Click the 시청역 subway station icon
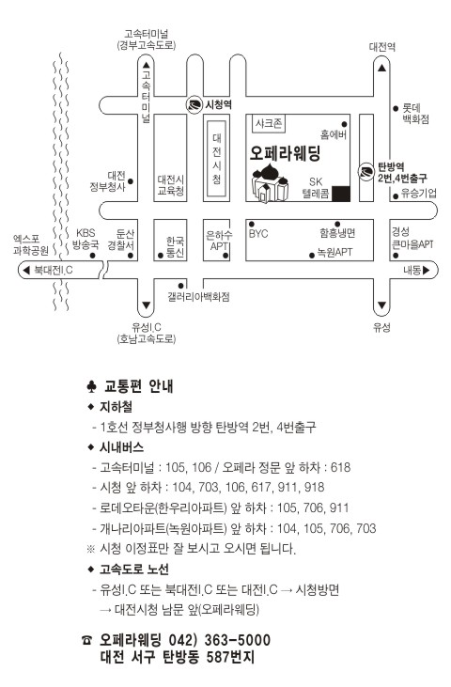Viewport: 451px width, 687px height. click(194, 105)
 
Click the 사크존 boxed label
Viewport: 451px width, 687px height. click(270, 123)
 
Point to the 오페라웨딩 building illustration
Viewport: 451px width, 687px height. click(271, 182)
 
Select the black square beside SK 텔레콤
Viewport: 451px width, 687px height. click(341, 194)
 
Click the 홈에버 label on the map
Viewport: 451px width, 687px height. click(334, 134)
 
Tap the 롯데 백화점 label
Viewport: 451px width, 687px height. click(415, 113)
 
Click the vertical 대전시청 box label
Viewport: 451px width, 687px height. click(217, 159)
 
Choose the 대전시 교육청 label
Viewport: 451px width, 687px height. click(171, 185)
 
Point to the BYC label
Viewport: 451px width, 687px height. click(258, 233)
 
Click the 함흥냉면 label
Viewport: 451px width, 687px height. click(337, 233)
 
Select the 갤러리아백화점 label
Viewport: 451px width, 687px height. click(198, 297)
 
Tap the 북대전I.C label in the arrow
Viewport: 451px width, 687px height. click(53, 271)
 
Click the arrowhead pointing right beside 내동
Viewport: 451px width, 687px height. click(426, 270)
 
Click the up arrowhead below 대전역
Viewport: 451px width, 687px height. click(382, 68)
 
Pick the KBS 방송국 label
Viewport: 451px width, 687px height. click(86, 239)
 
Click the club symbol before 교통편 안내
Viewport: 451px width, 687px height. click(91, 386)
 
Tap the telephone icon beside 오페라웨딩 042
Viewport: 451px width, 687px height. click(86, 641)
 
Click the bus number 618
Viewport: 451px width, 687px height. click(341, 467)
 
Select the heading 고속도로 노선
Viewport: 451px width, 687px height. click(134, 570)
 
